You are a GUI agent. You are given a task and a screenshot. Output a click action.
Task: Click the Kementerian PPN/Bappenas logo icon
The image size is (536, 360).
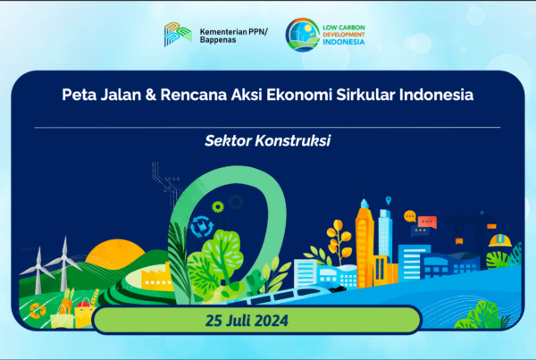pos(178,34)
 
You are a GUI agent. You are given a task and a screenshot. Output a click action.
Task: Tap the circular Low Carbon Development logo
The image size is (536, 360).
pos(302,35)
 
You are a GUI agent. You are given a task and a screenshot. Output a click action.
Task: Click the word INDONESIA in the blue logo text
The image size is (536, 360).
pos(344,42)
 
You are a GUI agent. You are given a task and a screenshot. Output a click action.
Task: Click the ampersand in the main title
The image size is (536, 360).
pos(150,95)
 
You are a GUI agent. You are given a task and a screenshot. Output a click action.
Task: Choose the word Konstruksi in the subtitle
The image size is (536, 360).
pos(293,140)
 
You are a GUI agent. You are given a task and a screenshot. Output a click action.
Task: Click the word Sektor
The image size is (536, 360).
pos(228,140)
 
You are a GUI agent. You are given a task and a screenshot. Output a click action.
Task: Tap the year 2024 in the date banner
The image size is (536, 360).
pos(272,321)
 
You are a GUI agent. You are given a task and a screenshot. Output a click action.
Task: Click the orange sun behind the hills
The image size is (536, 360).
pos(115,252)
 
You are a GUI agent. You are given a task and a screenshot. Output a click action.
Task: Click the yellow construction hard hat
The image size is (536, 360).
pos(499,240)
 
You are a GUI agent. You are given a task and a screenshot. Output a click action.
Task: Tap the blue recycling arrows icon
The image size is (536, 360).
pos(201,226)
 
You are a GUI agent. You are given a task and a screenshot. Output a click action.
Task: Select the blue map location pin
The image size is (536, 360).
pos(388,200)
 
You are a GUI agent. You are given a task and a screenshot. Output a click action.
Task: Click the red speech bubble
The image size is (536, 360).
pos(427,222)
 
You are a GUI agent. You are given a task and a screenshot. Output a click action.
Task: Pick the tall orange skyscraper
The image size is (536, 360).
pos(364,243)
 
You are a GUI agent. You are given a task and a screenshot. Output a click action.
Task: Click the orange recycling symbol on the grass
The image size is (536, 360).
pos(38,311)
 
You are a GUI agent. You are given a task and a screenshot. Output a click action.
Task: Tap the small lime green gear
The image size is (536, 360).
pos(217,206)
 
